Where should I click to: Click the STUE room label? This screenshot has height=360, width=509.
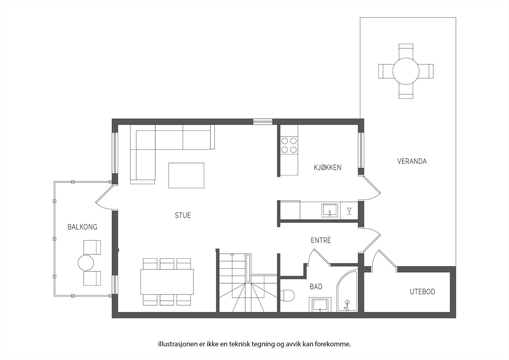tap(183, 215)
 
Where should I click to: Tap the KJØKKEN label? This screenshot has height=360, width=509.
tap(327, 167)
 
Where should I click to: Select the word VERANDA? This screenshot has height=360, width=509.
tap(412, 161)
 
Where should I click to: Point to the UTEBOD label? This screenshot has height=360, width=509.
tap(422, 292)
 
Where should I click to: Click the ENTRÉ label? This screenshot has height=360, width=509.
tap(321, 240)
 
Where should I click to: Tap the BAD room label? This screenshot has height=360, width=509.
tap(316, 287)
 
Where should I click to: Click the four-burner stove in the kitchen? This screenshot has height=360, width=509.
tap(289, 145)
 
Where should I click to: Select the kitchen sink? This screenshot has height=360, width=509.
tap(331, 210)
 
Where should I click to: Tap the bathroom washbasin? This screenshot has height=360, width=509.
tap(320, 305)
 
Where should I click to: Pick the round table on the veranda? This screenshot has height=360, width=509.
tap(406, 71)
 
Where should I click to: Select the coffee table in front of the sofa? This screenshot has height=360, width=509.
tap(186, 175)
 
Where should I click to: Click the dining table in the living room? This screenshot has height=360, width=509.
tap(167, 282)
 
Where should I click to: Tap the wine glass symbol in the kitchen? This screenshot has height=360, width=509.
tap(349, 211)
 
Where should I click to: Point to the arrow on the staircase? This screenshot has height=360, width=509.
tap(232, 255)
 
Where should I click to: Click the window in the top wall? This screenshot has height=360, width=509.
tap(263, 121)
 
